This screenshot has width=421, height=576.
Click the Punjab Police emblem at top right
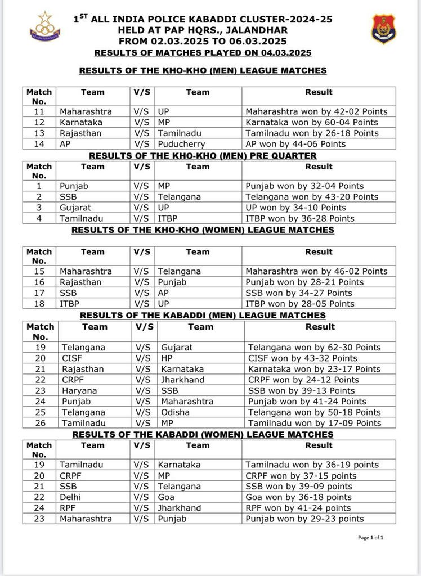383,29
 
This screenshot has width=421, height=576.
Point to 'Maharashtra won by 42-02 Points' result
316,111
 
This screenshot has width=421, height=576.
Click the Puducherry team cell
181,144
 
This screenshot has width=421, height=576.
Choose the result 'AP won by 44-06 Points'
295,144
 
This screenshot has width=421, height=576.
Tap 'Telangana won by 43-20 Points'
311,197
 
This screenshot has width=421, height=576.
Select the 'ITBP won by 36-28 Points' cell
300,218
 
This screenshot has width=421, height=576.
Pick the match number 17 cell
39,293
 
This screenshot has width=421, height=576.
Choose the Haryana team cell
79,390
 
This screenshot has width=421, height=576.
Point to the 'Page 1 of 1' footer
370,538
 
